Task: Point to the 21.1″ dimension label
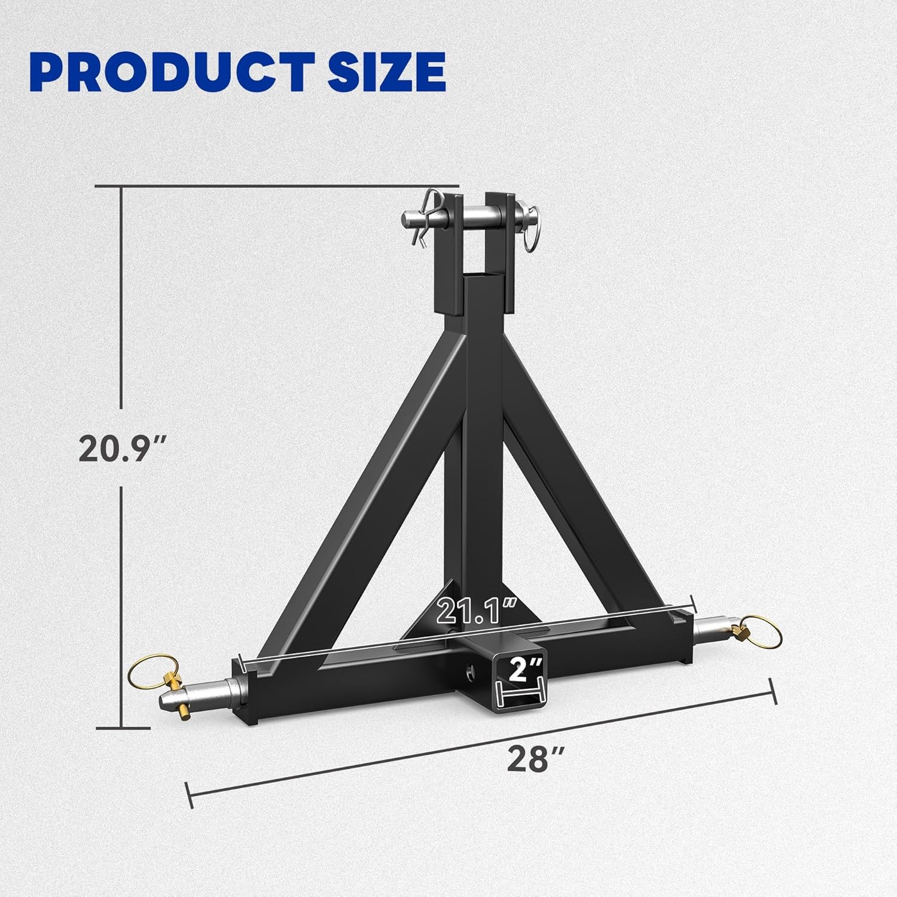[476, 611]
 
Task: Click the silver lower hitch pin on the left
[197, 693]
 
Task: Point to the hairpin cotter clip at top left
[426, 218]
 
